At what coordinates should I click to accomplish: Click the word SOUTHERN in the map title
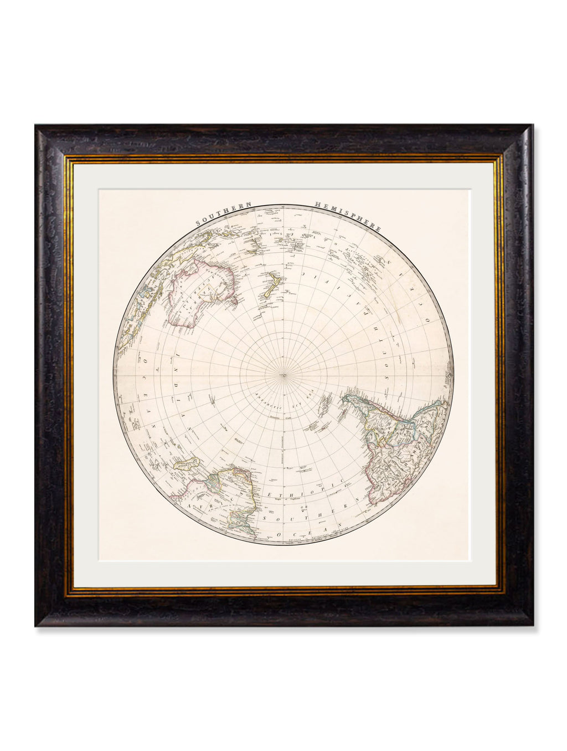click(223, 214)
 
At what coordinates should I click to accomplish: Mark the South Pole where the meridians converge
click(283, 376)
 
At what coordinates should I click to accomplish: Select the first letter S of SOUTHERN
click(197, 225)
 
